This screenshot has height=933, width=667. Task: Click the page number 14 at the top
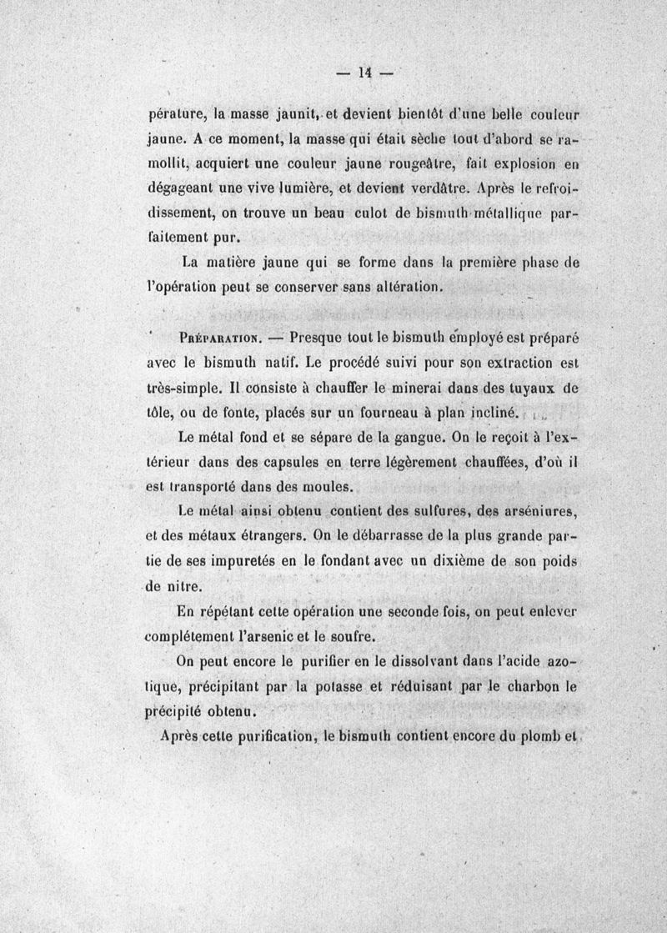coord(364,73)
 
